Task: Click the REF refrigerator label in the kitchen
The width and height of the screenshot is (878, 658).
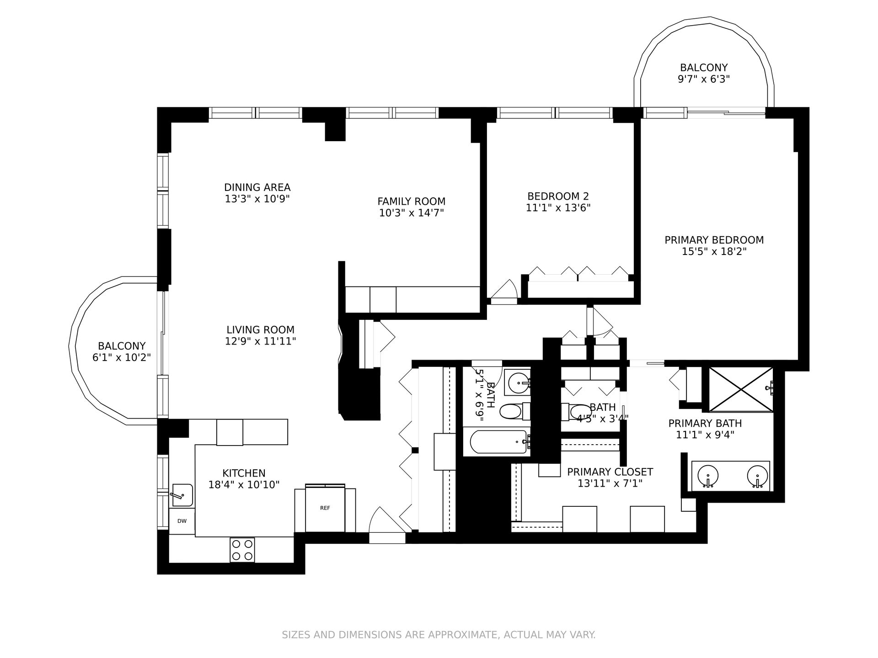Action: click(x=325, y=508)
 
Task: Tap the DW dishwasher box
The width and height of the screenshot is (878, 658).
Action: click(x=182, y=521)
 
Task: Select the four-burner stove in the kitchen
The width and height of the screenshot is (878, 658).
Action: click(x=242, y=550)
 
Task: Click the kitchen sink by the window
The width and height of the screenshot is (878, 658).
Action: click(x=182, y=495)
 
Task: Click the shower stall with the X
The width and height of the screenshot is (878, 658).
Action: click(x=740, y=389)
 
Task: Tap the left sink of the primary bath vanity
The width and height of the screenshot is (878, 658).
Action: click(x=708, y=476)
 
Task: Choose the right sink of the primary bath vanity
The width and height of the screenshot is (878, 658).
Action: click(x=757, y=476)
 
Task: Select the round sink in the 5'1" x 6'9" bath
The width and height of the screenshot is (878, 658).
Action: click(x=519, y=380)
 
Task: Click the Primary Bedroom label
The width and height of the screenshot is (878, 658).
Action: click(x=714, y=240)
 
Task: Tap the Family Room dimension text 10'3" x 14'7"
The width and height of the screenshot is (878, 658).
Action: click(x=412, y=213)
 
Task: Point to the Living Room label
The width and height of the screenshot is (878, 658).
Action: click(x=260, y=330)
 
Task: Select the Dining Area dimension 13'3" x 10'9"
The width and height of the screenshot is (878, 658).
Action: click(x=257, y=199)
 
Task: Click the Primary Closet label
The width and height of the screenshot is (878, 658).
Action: click(x=610, y=472)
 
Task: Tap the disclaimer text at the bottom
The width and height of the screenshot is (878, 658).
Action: click(x=439, y=635)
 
